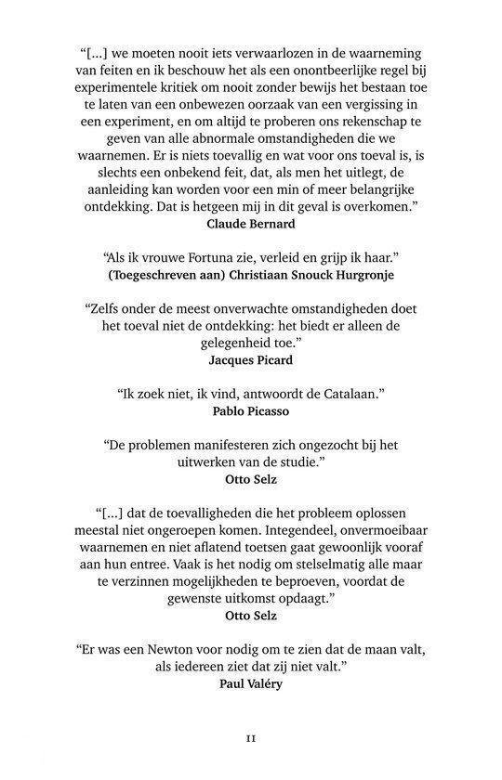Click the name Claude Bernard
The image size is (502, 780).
(x=250, y=223)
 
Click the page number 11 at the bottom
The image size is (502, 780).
(x=251, y=740)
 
